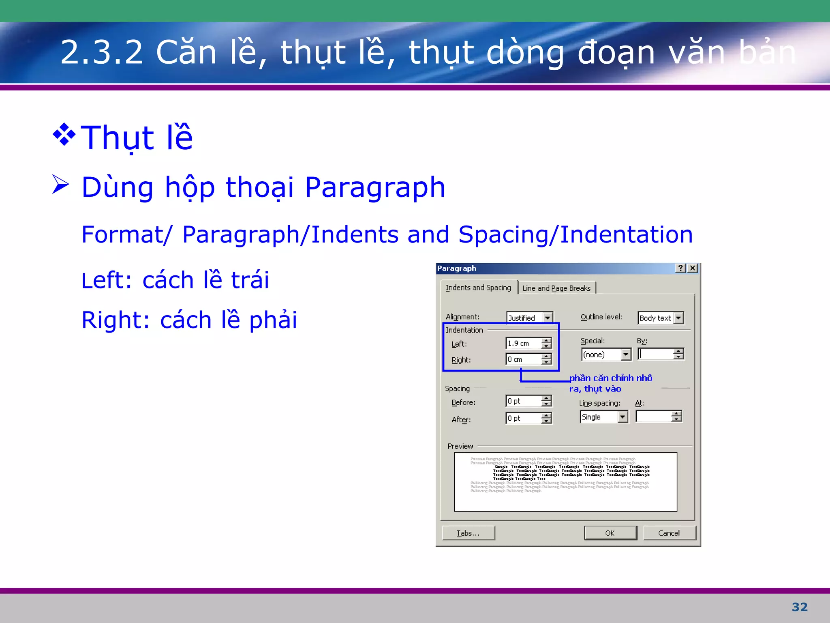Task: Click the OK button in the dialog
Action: click(610, 533)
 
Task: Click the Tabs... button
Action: click(468, 533)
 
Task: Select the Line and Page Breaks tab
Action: click(556, 288)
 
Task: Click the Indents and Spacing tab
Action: click(478, 288)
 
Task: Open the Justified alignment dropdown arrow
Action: click(548, 318)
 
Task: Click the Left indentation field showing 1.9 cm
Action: click(523, 344)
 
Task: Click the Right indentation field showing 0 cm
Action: click(523, 359)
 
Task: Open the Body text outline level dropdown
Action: click(678, 318)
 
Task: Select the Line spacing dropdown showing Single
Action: click(603, 417)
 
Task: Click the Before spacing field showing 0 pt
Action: click(523, 401)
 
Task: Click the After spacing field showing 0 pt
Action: click(523, 418)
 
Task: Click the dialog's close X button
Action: click(693, 268)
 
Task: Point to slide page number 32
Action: click(800, 607)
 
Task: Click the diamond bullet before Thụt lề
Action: click(64, 134)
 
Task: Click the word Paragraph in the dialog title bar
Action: click(457, 269)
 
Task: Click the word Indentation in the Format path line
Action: click(626, 234)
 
